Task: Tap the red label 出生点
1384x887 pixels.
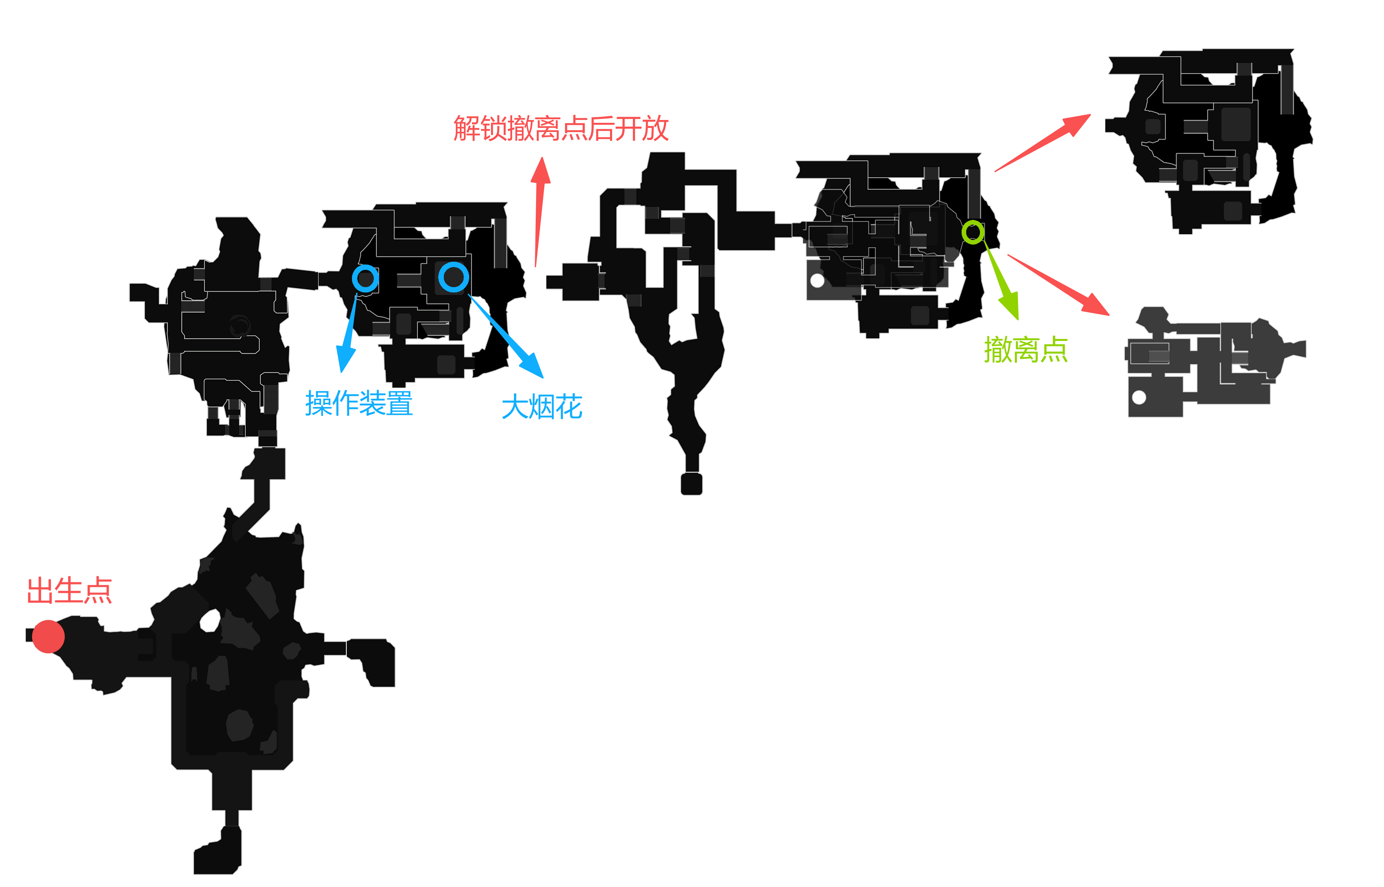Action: [x=69, y=591]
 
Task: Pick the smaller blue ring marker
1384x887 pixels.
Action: [x=365, y=279]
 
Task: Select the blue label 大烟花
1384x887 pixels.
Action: [x=542, y=407]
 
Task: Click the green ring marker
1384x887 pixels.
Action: [x=973, y=232]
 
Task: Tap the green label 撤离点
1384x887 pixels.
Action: [x=1026, y=350]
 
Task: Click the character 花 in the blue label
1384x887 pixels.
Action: [x=569, y=407]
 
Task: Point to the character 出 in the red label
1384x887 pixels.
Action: [x=40, y=591]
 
